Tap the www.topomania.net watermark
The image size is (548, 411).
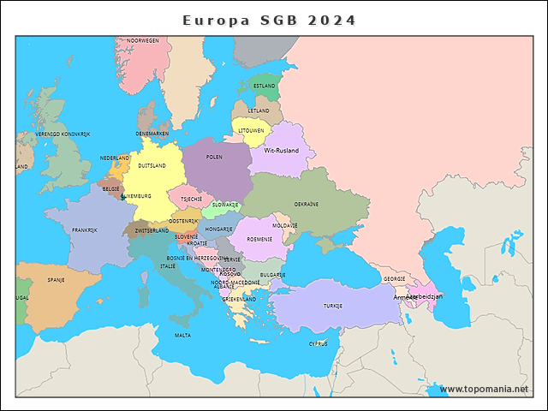pos(484,389)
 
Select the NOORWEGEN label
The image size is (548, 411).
pos(143,40)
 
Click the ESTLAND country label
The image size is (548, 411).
pos(265,86)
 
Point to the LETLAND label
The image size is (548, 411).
pos(259,110)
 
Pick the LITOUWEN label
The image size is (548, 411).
pos(251,131)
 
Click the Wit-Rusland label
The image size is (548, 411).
pos(282,151)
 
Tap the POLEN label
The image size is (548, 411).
pos(214,158)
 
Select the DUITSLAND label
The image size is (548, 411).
pos(152,165)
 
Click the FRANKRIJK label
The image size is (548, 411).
pos(85,230)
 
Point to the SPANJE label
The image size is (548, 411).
pos(57,279)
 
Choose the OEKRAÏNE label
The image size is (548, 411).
pos(307,204)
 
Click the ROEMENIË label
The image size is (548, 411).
pos(259,239)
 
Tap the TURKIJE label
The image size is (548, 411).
pos(333,306)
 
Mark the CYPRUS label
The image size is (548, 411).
pos(318,343)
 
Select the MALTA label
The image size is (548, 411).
pos(182,336)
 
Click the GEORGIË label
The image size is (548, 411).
pos(395,278)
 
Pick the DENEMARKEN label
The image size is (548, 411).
pos(152,134)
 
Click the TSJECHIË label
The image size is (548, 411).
pos(191,199)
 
